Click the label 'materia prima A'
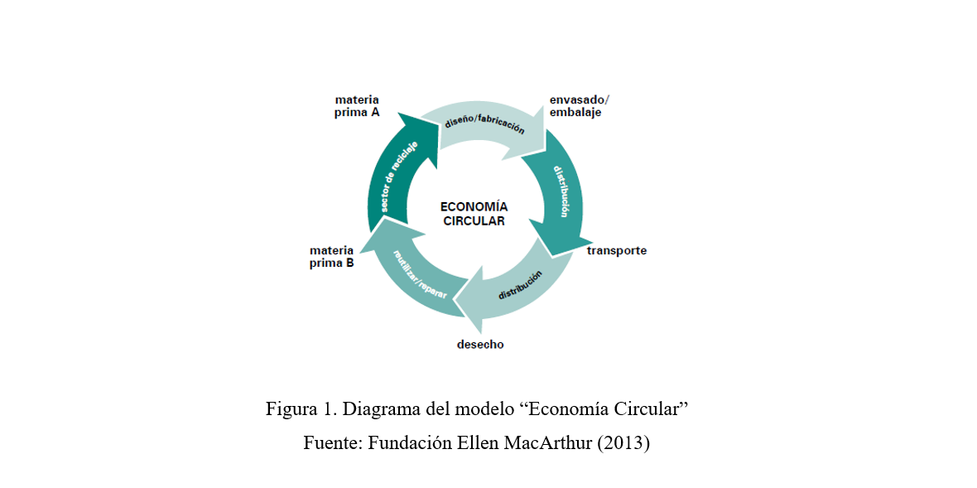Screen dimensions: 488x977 [357, 106]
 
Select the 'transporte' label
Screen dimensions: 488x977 [617, 250]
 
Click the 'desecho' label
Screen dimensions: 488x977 [480, 344]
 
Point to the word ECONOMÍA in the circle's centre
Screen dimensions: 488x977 [474, 207]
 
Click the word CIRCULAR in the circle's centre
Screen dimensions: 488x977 [474, 221]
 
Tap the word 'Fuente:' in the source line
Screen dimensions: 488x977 [333, 443]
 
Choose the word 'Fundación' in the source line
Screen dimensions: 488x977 [410, 443]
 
